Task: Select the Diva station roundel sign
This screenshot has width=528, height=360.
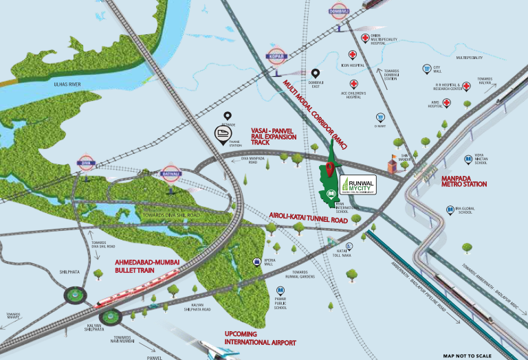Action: point(85,164)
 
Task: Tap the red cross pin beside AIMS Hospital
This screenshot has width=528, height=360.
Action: point(446,104)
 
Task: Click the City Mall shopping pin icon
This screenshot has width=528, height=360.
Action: point(427,69)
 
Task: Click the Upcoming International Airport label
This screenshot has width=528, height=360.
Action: point(260,337)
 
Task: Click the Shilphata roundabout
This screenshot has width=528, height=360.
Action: point(74,295)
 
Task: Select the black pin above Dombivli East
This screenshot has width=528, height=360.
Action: point(316,74)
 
